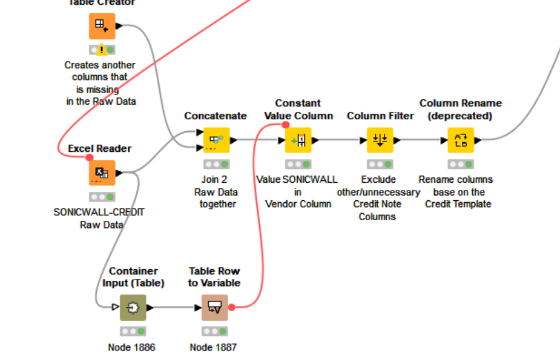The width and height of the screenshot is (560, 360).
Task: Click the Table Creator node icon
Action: [102, 26]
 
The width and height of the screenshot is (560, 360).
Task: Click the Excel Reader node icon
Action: [102, 173]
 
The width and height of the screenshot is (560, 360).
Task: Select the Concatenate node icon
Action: [216, 140]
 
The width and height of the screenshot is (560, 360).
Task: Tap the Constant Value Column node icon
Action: [298, 140]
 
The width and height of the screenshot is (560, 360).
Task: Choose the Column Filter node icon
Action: [380, 140]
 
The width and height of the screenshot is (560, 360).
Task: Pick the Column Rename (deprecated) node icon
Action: [461, 140]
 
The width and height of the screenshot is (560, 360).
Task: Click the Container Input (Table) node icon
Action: [133, 307]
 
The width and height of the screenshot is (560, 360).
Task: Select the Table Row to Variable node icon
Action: [214, 307]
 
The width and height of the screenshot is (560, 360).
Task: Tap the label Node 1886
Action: [132, 347]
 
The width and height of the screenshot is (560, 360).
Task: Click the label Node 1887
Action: [213, 347]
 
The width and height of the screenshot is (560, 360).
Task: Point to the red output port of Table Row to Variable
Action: [231, 307]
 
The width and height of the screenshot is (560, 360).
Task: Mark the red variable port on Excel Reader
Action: [90, 158]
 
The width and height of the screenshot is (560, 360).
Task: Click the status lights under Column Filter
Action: [380, 164]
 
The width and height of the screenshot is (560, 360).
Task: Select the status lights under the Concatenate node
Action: [216, 164]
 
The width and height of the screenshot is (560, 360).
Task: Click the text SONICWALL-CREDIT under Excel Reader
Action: [99, 212]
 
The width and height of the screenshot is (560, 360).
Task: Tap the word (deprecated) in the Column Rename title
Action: [461, 116]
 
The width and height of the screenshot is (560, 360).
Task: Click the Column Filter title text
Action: [380, 116]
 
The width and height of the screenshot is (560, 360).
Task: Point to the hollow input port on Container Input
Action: [116, 307]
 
